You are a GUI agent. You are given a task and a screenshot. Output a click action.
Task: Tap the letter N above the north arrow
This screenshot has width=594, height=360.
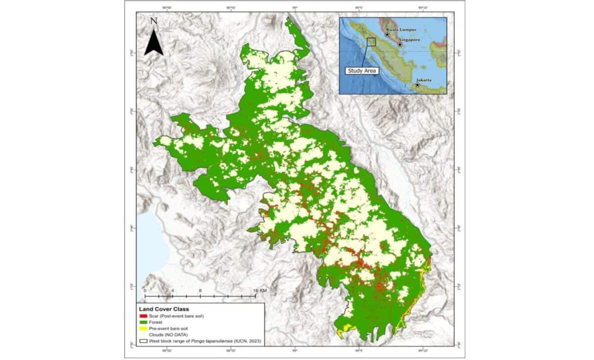[153, 21]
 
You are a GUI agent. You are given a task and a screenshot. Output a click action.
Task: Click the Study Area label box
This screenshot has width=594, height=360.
[361, 71]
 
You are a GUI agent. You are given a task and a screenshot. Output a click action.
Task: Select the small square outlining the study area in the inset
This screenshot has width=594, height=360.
[371, 42]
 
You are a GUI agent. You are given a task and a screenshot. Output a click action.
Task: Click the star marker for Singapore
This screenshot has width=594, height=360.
[400, 45]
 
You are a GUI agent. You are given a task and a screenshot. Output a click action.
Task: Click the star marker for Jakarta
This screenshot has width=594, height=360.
[417, 85]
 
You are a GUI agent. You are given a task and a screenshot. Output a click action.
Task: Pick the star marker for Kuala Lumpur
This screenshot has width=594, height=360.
[387, 35]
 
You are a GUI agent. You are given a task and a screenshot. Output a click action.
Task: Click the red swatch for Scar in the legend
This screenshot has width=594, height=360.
[144, 315]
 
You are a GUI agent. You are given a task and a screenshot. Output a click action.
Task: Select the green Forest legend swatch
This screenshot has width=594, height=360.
[144, 322]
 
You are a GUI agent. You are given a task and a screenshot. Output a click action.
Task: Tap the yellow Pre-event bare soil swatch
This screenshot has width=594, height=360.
[144, 328]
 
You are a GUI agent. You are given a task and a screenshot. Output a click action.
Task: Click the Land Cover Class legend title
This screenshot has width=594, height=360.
[165, 308]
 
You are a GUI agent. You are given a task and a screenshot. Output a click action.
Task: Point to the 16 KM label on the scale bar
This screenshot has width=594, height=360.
[259, 291]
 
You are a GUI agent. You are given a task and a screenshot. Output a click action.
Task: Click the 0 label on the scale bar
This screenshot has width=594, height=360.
[145, 291]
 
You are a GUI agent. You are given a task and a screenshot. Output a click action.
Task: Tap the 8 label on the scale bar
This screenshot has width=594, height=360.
[200, 291]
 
